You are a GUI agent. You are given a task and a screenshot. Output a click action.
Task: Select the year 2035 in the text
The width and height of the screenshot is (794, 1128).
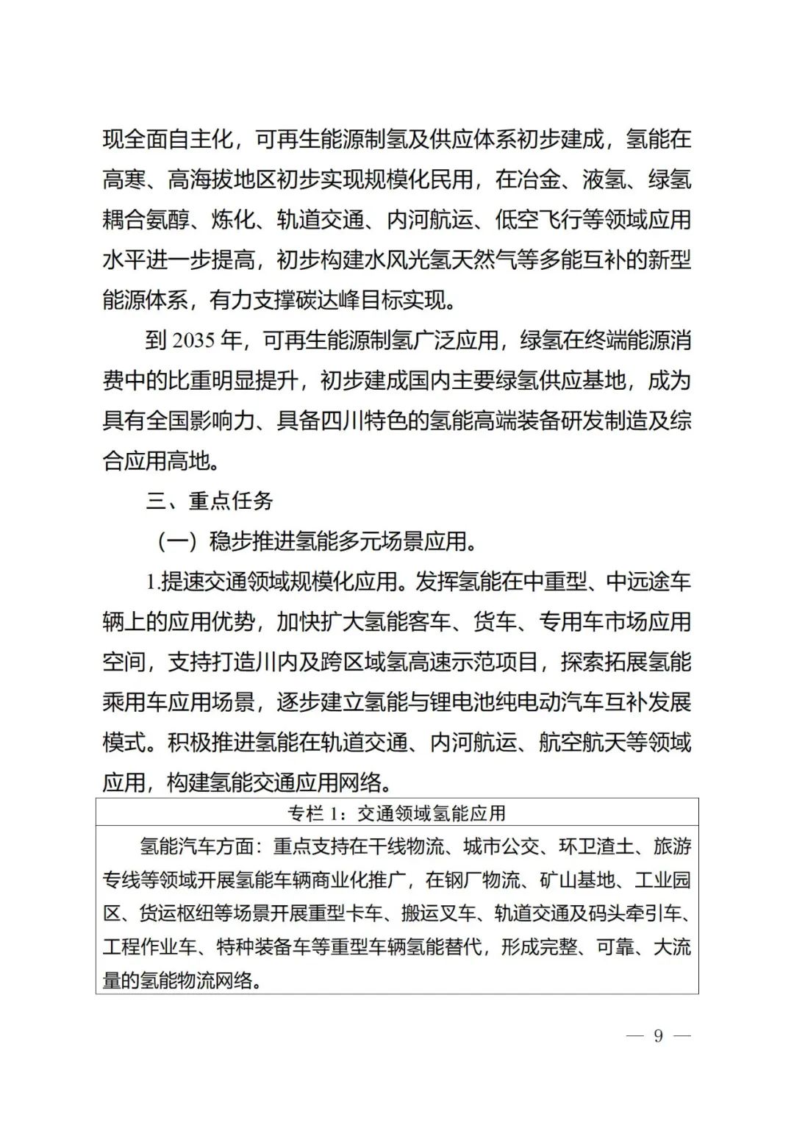pos(194,340)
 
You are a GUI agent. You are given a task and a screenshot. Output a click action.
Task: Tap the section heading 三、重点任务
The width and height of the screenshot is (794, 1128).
pos(210,501)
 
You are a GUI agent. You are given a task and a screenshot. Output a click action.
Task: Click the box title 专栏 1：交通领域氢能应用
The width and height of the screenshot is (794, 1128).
pos(397,813)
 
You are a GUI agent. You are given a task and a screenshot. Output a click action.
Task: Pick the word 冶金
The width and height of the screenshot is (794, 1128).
pos(540,179)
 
